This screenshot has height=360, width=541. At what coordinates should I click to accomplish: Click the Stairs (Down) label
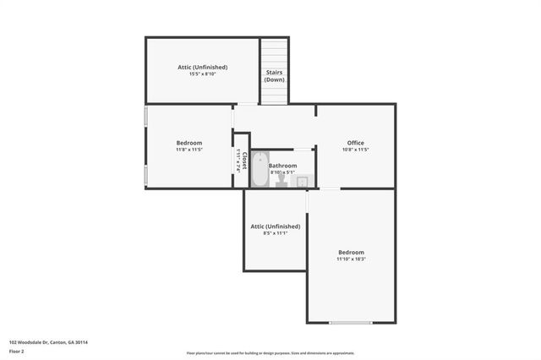pyautogui.click(x=273, y=76)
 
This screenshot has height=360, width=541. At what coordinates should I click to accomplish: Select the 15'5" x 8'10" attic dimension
pyautogui.click(x=202, y=74)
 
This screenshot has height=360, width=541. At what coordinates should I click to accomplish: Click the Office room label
pyautogui.click(x=355, y=142)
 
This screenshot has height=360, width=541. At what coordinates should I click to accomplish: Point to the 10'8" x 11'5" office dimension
pyautogui.click(x=355, y=150)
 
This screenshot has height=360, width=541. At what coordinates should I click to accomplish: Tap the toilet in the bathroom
pyautogui.click(x=281, y=179)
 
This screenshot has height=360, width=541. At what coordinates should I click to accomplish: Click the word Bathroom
pyautogui.click(x=283, y=166)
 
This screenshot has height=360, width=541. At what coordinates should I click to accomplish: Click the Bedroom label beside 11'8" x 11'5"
pyautogui.click(x=189, y=142)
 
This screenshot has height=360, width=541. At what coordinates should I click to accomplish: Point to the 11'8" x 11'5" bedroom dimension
pyautogui.click(x=189, y=150)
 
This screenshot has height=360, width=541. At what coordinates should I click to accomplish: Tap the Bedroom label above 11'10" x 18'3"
pyautogui.click(x=351, y=252)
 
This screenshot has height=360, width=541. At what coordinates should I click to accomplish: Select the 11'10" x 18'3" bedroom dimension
pyautogui.click(x=351, y=259)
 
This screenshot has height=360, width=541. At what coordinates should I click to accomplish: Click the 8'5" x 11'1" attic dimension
pyautogui.click(x=275, y=234)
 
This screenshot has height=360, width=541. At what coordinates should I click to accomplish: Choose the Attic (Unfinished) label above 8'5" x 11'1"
pyautogui.click(x=275, y=226)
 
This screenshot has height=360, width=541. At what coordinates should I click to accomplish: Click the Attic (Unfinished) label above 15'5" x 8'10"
pyautogui.click(x=202, y=67)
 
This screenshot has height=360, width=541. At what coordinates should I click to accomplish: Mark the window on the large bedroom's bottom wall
pyautogui.click(x=351, y=322)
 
